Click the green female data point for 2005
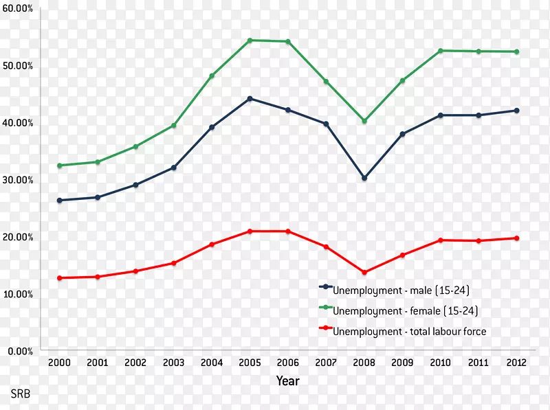click(250, 41)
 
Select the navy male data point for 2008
click(364, 178)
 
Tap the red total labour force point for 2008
click(364, 273)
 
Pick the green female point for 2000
click(60, 166)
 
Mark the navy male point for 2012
click(516, 111)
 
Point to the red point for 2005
click(250, 231)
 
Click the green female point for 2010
click(440, 51)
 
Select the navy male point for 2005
click(250, 99)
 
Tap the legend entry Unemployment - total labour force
click(409, 332)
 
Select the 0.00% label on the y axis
click(21, 351)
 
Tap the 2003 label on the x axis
click(174, 363)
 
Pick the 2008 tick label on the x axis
click(364, 363)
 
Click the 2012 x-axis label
click(516, 363)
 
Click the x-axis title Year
click(287, 380)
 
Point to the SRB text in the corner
click(20, 395)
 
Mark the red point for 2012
click(516, 238)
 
